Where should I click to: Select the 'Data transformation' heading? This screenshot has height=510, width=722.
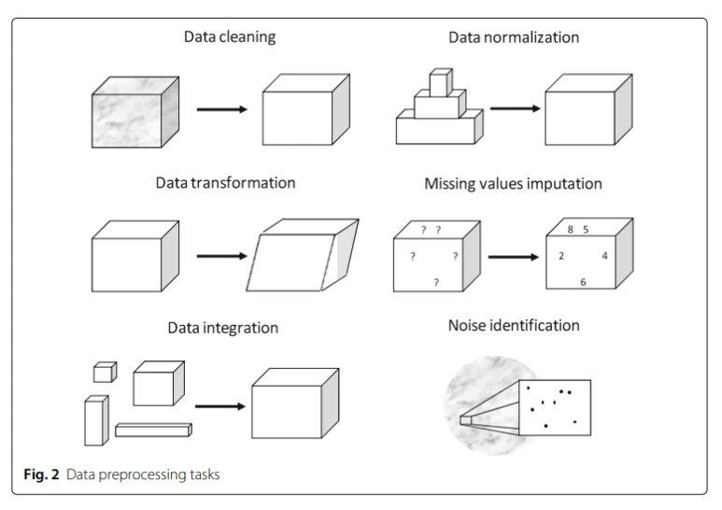tap(225, 183)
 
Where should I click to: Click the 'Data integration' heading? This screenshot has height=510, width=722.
tap(223, 328)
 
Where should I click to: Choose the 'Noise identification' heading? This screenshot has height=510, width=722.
tap(513, 326)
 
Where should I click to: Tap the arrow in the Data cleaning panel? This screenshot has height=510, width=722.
tap(221, 110)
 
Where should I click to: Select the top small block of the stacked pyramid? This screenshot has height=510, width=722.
tap(441, 83)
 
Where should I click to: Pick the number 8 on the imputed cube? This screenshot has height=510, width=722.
tap(571, 230)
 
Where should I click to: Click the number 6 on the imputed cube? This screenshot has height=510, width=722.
tap(583, 281)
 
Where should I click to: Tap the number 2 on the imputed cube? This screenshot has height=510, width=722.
tap(560, 255)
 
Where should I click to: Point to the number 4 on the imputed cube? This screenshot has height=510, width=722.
tap(604, 255)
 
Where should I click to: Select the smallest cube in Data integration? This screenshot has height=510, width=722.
tap(103, 373)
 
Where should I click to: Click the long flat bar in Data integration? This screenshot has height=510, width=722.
tap(153, 430)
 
